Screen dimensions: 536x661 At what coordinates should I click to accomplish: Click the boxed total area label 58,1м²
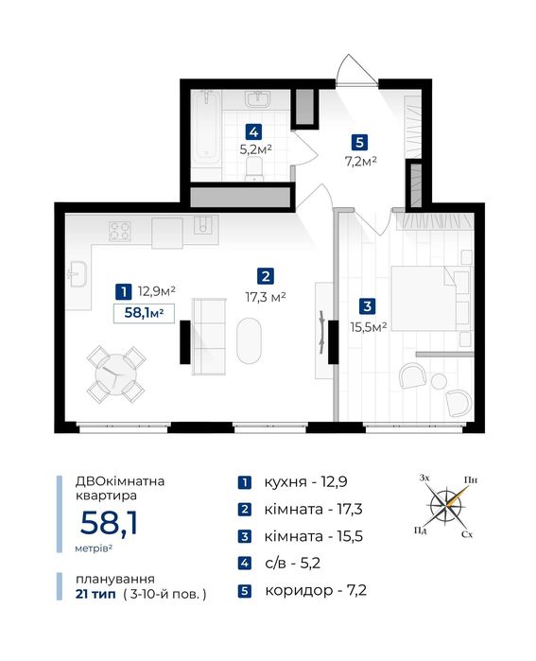pyautogui.click(x=144, y=313)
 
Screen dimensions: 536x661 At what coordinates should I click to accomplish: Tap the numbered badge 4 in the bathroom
pyautogui.click(x=253, y=132)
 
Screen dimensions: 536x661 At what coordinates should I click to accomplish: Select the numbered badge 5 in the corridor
pyautogui.click(x=359, y=142)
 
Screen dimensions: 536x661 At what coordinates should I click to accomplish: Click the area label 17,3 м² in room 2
pyautogui.click(x=266, y=297)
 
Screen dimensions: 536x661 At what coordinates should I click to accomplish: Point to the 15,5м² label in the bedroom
pyautogui.click(x=369, y=326)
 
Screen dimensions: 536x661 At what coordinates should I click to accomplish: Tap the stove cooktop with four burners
pyautogui.click(x=120, y=232)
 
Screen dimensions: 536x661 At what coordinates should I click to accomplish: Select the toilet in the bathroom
pyautogui.click(x=254, y=168)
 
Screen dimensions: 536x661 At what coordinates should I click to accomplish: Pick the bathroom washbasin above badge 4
pyautogui.click(x=257, y=100)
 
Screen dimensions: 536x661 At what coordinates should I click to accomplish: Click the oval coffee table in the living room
pyautogui.click(x=249, y=341)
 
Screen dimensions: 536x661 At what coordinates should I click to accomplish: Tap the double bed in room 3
pyautogui.click(x=431, y=298)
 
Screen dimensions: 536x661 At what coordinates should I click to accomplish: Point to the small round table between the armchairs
pyautogui.click(x=439, y=381)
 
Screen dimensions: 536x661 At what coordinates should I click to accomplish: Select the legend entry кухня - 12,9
pyautogui.click(x=305, y=482)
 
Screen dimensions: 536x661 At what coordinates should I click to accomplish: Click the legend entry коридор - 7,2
pyautogui.click(x=316, y=590)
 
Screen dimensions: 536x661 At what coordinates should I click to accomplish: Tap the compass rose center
pyautogui.click(x=446, y=505)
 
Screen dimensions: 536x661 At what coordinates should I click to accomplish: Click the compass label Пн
pyautogui.click(x=470, y=480)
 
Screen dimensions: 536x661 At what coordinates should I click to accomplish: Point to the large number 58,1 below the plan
pyautogui.click(x=109, y=523)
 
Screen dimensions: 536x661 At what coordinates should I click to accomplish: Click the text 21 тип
pyautogui.click(x=95, y=595)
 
